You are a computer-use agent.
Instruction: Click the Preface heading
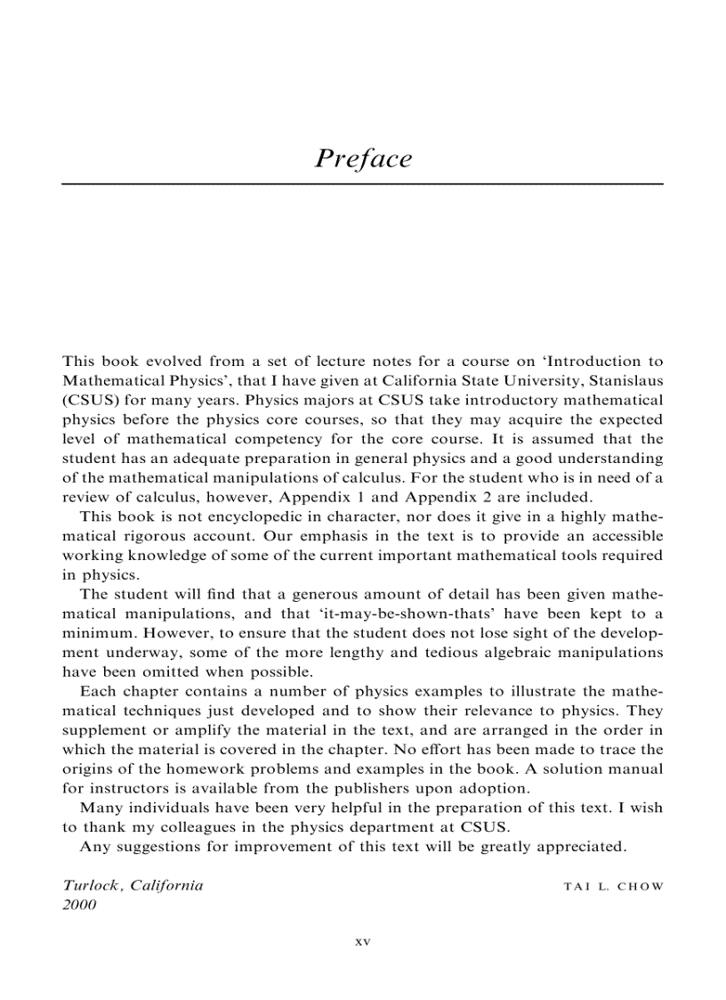click(363, 159)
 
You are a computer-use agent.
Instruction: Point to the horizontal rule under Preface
click(363, 183)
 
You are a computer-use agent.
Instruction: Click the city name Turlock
click(92, 885)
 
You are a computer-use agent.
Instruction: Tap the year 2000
click(78, 905)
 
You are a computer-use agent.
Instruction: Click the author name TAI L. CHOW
click(614, 887)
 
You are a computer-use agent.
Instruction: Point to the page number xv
click(362, 941)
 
